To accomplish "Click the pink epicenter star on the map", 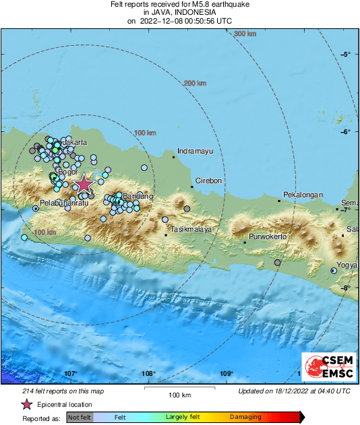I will (x=83, y=183).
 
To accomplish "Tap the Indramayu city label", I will (x=195, y=152).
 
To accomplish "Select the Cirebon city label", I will (x=208, y=181).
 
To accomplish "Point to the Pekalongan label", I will (x=302, y=195).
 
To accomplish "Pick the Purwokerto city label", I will (x=268, y=236).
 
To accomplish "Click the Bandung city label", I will (x=139, y=196).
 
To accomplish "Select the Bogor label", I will (x=69, y=172).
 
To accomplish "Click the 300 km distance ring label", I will (x=245, y=34).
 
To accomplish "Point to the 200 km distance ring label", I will (x=195, y=83).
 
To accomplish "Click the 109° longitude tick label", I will (x=227, y=374).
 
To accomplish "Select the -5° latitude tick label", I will (x=346, y=55).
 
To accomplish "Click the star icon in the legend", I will (x=26, y=404).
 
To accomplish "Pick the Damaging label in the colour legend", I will (x=245, y=418).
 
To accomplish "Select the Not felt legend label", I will (x=80, y=418).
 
